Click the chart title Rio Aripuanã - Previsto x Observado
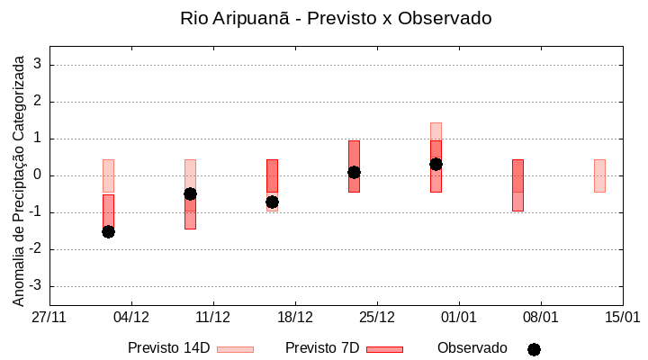pos(336,18)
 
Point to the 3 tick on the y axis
pos(39,65)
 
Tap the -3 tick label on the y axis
pos(36,286)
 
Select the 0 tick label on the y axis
pos(39,175)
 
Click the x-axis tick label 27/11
pos(49,317)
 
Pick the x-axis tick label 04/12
pos(131,317)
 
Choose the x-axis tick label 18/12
pos(295,317)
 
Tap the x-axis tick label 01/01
pos(459,317)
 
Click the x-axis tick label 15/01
pos(622,317)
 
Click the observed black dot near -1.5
pos(108,231)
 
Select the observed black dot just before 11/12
pos(190,193)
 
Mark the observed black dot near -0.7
pos(272,202)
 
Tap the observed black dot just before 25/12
pos(354,172)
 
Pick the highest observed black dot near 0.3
pos(436,164)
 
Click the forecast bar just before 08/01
pos(517,185)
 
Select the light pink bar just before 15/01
pos(599,175)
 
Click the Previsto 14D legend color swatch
pos(235,348)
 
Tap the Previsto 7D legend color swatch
pos(384,348)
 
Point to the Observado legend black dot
pos(534,349)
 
